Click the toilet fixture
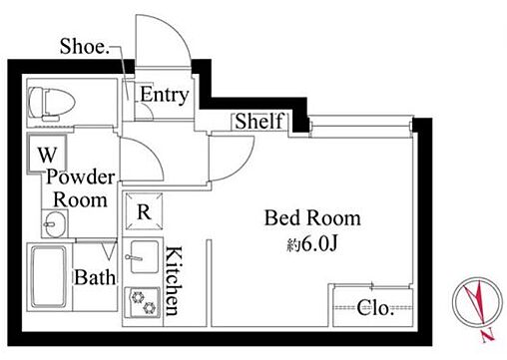click(x=51, y=103)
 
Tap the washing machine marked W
click(x=47, y=154)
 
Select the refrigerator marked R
click(x=144, y=211)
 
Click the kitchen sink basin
click(x=145, y=257)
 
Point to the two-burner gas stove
click(x=143, y=302)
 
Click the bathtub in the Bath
click(x=49, y=277)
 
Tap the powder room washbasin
click(x=55, y=223)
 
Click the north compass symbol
click(x=477, y=302)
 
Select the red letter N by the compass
click(x=488, y=336)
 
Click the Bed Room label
click(x=312, y=218)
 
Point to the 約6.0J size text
click(x=312, y=244)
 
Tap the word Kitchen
click(x=174, y=281)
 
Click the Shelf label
click(x=259, y=121)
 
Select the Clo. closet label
click(x=375, y=308)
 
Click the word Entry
click(x=165, y=95)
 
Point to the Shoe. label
click(x=85, y=46)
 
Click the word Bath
click(x=95, y=277)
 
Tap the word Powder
click(x=81, y=177)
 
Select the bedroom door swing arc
click(x=242, y=167)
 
